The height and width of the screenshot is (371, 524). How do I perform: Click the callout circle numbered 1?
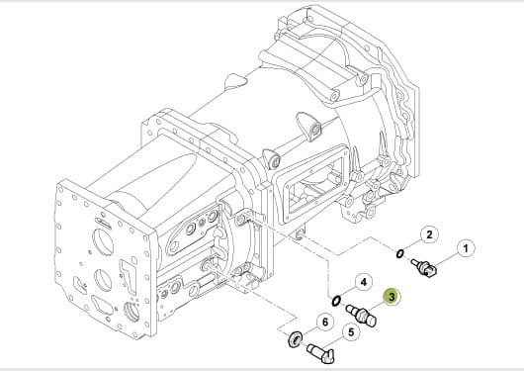(x=466, y=248)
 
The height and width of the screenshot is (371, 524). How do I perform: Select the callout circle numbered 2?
(x=429, y=234)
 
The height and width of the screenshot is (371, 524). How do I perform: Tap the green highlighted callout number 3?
(x=392, y=297)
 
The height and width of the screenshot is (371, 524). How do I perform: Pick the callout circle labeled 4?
(x=364, y=282)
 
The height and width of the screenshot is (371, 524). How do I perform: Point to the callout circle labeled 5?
(x=351, y=332)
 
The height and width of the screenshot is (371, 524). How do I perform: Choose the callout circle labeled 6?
(x=325, y=323)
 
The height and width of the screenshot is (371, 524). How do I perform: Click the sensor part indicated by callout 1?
(x=423, y=267)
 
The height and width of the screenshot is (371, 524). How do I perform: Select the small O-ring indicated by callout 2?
(x=399, y=254)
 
